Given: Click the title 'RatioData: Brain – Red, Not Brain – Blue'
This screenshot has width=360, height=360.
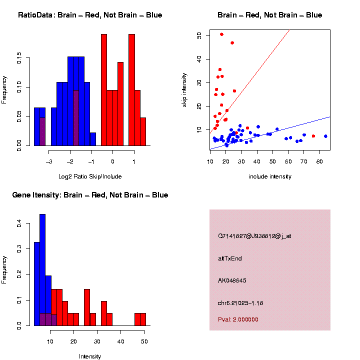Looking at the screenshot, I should [90, 15].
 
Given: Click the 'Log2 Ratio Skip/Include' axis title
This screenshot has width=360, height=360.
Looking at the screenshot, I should [89, 176].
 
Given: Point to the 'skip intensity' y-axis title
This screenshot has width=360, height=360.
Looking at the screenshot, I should [184, 89].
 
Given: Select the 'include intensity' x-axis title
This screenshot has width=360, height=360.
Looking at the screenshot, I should [269, 176].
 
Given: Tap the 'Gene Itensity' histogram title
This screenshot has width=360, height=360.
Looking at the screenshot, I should [90, 195].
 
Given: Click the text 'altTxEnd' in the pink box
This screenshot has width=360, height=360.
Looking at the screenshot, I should [230, 258].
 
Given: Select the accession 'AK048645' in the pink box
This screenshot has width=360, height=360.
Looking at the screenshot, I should [232, 280].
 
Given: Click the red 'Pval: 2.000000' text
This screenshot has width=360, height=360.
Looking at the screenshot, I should [238, 319].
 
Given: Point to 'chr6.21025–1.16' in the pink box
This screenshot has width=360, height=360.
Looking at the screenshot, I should [240, 303].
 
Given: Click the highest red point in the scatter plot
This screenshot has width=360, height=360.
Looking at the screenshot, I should [221, 34].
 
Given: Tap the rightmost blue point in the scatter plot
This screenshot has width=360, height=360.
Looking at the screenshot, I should [325, 136].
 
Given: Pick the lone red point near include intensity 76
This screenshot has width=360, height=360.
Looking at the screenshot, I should [313, 136].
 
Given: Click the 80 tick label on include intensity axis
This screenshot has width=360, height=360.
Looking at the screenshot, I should [319, 161].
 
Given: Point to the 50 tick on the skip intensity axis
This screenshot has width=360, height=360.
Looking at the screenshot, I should [198, 35].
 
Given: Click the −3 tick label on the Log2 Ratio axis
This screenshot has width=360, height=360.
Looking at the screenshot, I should [49, 161].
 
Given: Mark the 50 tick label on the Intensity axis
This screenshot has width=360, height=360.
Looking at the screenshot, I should [144, 341].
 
